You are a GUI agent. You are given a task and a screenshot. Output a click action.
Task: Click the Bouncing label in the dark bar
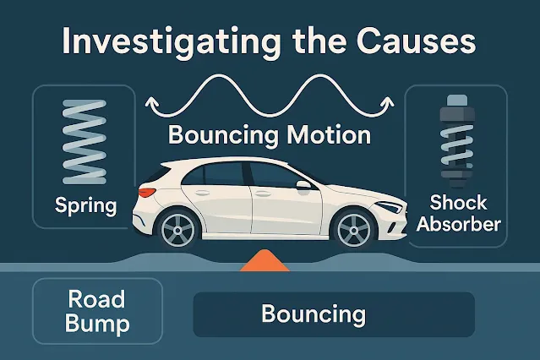[314, 314]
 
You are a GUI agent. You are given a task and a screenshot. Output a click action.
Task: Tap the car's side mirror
[302, 183]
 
